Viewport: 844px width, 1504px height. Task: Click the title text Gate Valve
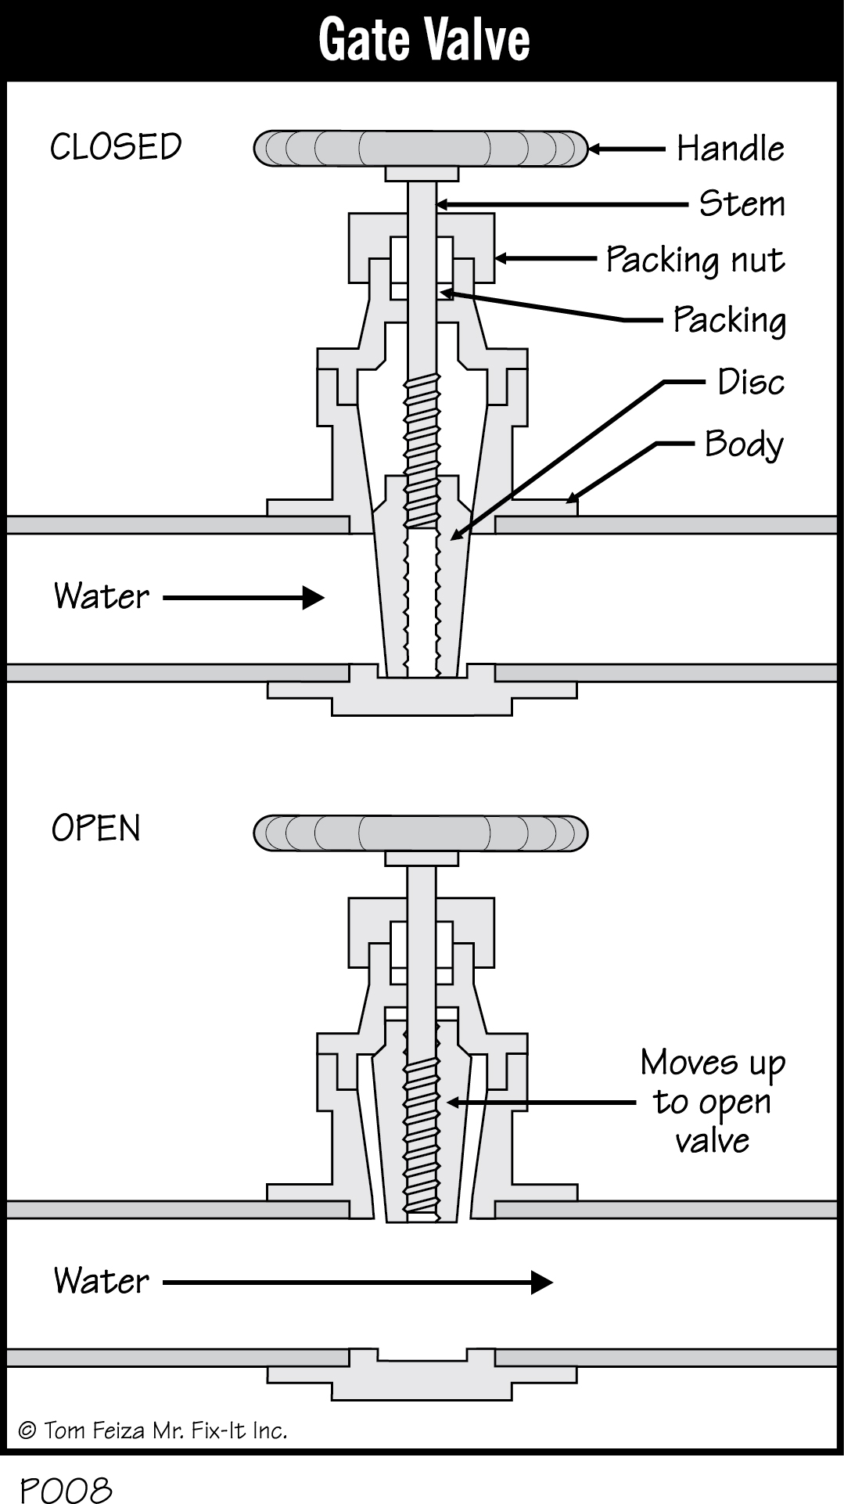423,40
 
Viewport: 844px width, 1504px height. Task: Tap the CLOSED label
116,147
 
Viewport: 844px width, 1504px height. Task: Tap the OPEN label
95,828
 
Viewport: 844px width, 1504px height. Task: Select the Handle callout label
730,149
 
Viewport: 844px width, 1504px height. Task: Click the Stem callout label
742,204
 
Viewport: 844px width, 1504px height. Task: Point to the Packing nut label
695,261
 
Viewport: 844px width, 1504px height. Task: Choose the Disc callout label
750,383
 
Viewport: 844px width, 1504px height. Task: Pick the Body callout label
743,444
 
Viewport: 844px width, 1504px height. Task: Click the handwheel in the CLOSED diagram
421,149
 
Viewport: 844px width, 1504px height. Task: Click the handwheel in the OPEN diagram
421,833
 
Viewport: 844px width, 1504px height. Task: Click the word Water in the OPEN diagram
101,1281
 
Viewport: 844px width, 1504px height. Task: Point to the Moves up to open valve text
713,1101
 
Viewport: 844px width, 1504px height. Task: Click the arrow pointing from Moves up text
540,1103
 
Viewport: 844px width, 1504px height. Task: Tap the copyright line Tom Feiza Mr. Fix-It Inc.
153,1431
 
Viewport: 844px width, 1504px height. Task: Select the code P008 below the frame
66,1489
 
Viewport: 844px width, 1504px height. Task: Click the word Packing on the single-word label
729,321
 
